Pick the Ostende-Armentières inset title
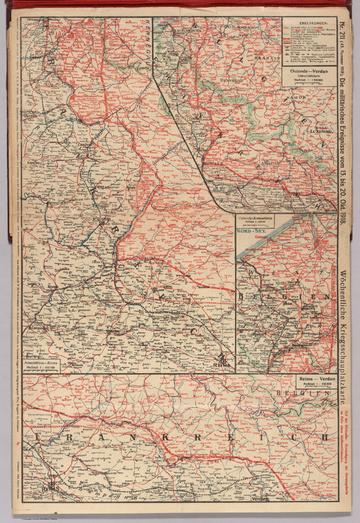click(x=255, y=218)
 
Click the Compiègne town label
click(x=38, y=328)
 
